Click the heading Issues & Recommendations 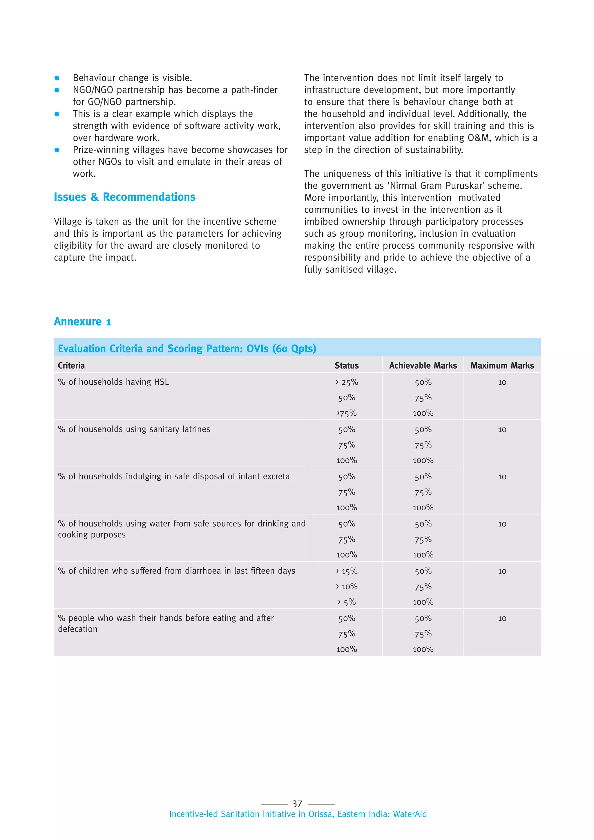point(124,197)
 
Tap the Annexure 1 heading point(82,322)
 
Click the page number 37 point(297,804)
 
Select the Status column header point(346,365)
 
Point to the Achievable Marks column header point(423,365)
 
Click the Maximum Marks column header point(502,365)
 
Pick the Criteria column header point(71,365)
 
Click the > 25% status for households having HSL point(346,382)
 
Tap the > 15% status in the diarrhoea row point(346,571)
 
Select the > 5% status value point(346,602)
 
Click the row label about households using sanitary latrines point(134,429)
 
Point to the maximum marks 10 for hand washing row point(502,619)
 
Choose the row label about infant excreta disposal point(173,476)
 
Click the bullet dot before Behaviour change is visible point(57,78)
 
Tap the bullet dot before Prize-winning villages point(57,150)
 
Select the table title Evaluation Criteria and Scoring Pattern point(186,348)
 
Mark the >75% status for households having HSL point(346,413)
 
